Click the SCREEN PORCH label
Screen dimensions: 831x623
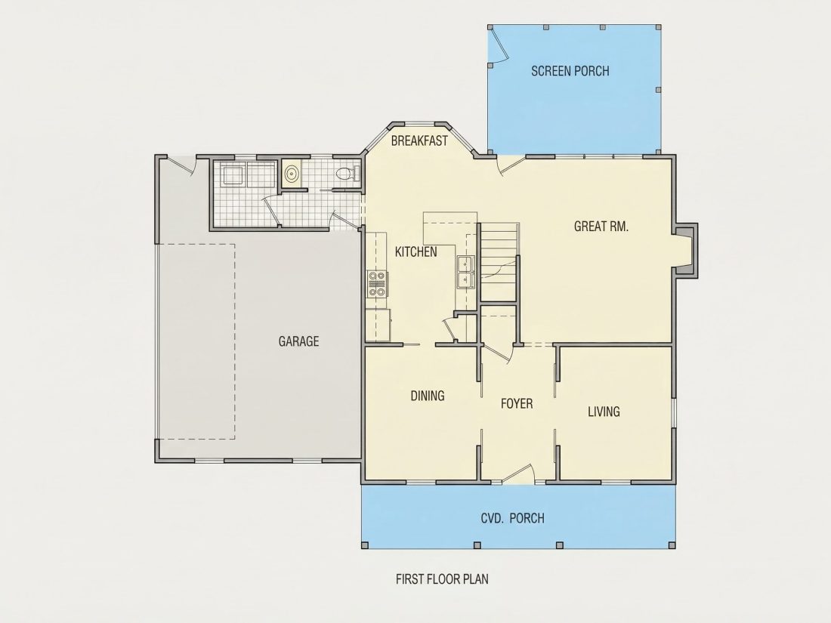point(570,71)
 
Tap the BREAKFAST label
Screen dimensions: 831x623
point(419,141)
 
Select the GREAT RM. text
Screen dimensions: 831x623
point(601,227)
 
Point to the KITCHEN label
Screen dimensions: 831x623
point(416,251)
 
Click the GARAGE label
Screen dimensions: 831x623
point(299,341)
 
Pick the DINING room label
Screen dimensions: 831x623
point(428,396)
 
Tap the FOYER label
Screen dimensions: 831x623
point(517,404)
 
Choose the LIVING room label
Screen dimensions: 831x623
point(604,412)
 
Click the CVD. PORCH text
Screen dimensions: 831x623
point(512,518)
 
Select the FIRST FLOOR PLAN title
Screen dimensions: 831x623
point(442,579)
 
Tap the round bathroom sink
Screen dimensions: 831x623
point(292,173)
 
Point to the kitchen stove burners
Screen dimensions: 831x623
point(377,283)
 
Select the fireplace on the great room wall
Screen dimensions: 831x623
point(685,250)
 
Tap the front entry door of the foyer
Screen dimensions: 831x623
point(517,475)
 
